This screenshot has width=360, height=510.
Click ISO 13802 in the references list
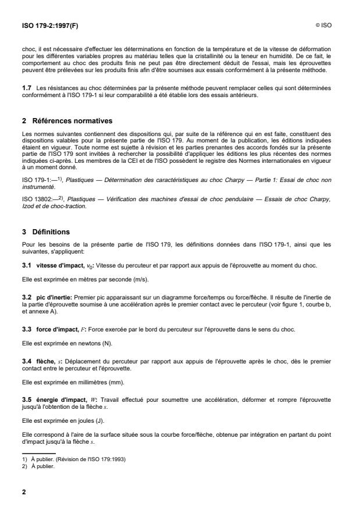coord(38,184)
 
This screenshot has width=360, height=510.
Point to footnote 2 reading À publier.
coord(41,465)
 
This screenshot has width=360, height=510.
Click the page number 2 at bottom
coord(24,492)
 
